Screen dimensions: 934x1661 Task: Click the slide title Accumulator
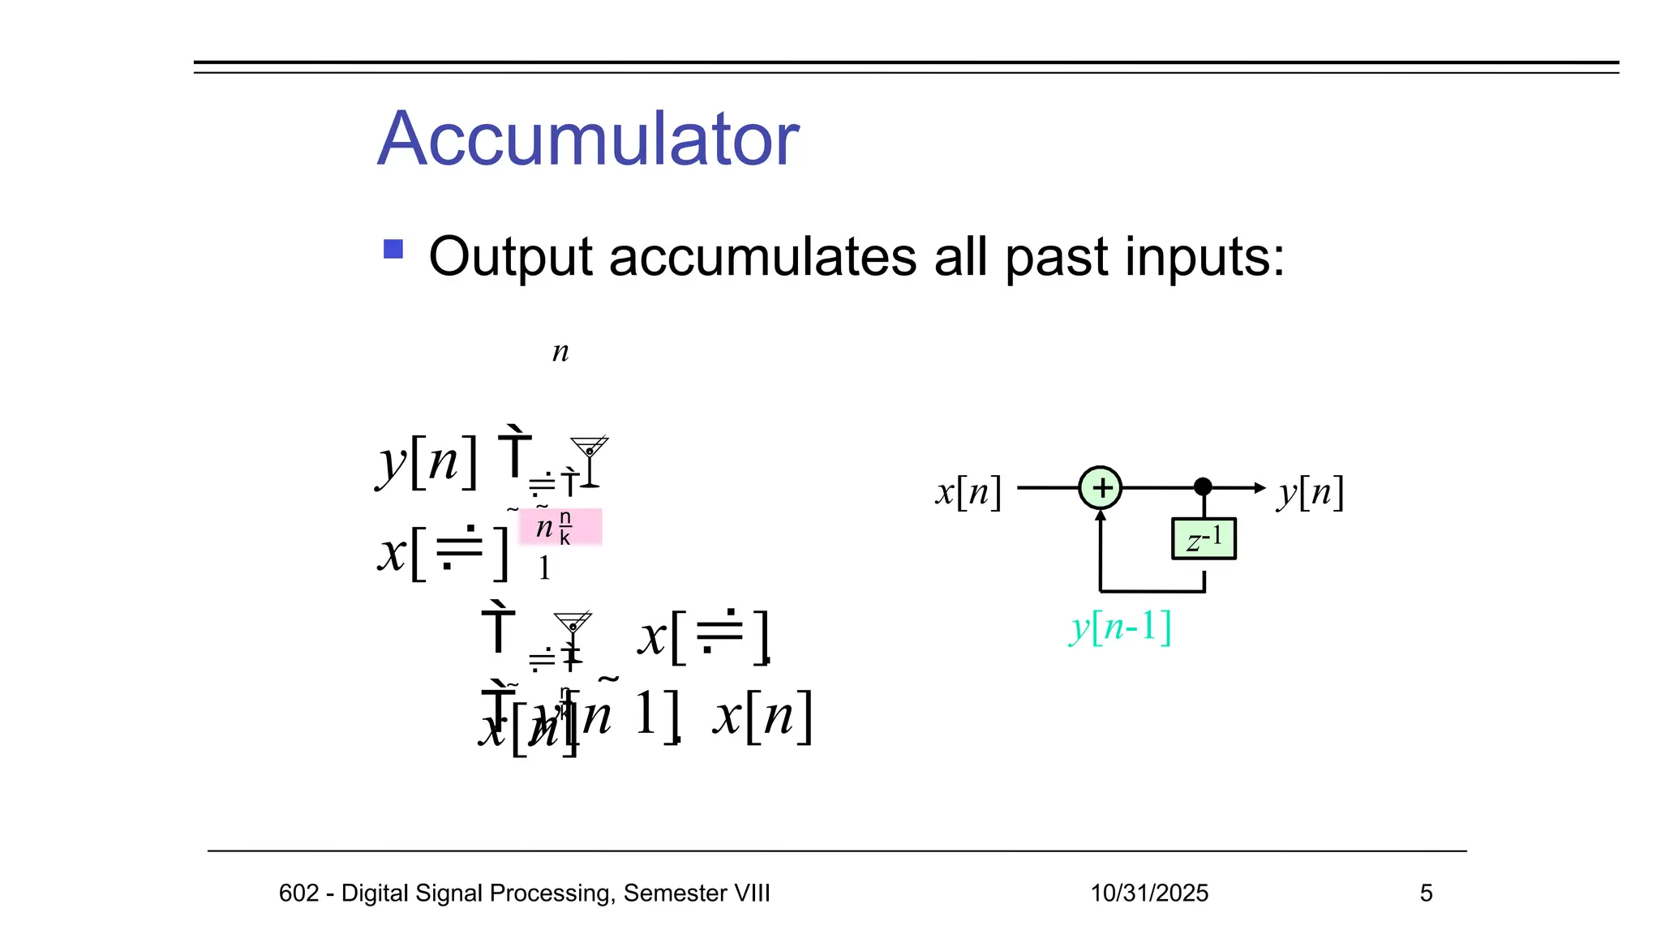coord(588,139)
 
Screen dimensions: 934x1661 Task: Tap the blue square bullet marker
coord(393,249)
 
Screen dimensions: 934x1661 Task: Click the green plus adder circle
coord(1100,488)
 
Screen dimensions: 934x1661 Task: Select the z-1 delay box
coord(1204,538)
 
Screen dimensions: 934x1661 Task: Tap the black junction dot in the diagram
coord(1203,486)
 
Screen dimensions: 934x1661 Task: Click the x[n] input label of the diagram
coord(968,492)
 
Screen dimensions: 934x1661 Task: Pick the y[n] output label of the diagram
coord(1311,492)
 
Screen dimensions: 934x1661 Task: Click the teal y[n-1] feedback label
coord(1121,627)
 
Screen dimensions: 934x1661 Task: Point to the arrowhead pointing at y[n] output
coord(1259,488)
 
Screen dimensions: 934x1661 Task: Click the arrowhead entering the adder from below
coord(1100,516)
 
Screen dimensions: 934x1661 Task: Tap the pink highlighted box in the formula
coord(560,527)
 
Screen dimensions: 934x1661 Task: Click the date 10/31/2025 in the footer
coord(1148,893)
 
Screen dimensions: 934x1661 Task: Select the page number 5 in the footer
coord(1426,893)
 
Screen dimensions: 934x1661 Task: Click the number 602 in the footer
coord(298,893)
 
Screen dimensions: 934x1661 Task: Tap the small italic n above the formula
coord(560,352)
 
